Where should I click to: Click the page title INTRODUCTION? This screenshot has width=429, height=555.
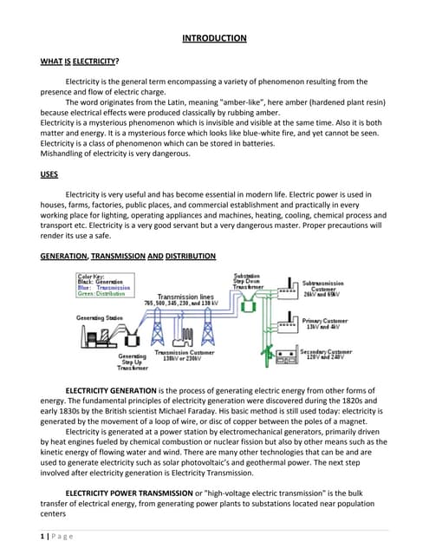point(214,38)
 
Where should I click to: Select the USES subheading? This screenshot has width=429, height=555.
point(49,174)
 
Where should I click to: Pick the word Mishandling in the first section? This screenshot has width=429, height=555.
point(68,153)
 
